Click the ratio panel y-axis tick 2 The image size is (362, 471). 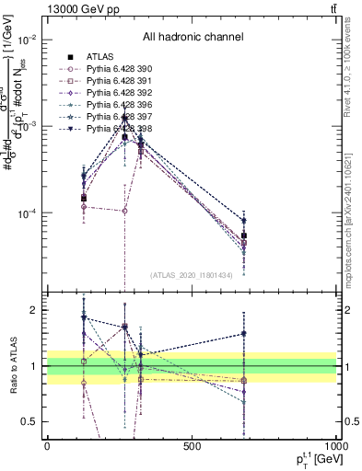(x=33, y=311)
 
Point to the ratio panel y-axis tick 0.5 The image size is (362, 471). (x=30, y=422)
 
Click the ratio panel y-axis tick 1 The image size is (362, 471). (x=33, y=366)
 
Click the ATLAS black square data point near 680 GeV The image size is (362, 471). (x=244, y=236)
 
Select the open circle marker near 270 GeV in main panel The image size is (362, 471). (x=124, y=211)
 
